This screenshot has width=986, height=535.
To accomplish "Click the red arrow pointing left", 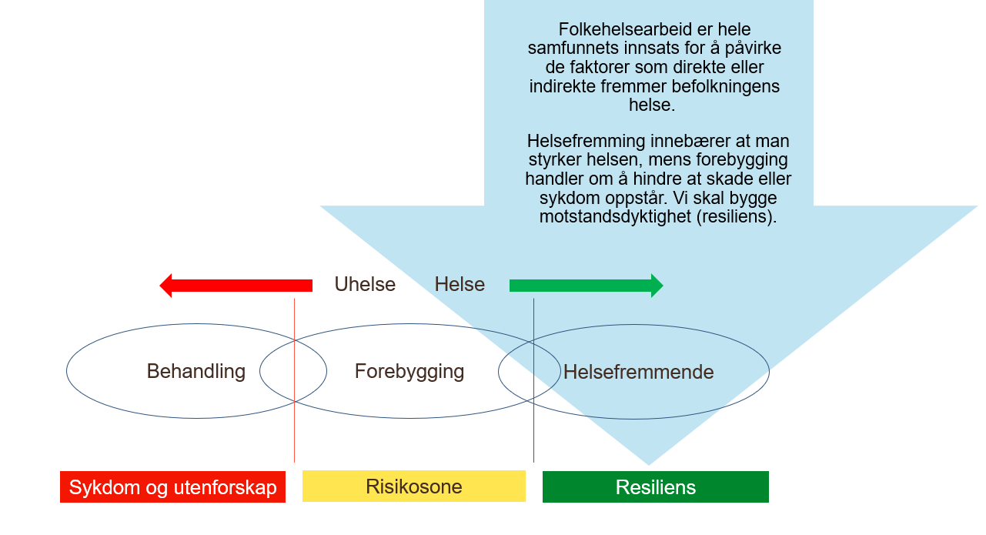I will coord(236,286).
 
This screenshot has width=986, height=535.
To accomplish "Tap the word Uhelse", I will coord(365,285).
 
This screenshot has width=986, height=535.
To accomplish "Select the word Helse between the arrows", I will coord(460,285).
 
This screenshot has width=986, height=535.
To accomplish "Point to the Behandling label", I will coord(196,372).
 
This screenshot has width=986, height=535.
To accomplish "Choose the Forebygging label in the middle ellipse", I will coord(409,372).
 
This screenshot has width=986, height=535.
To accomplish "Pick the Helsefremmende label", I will coord(639,373).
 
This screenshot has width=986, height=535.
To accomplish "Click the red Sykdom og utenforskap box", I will coord(172,487).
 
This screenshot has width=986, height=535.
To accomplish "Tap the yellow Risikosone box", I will coord(414,487).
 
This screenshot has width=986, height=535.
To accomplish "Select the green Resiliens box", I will coord(656,487).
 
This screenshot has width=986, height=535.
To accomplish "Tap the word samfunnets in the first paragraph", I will coord(570,48).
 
